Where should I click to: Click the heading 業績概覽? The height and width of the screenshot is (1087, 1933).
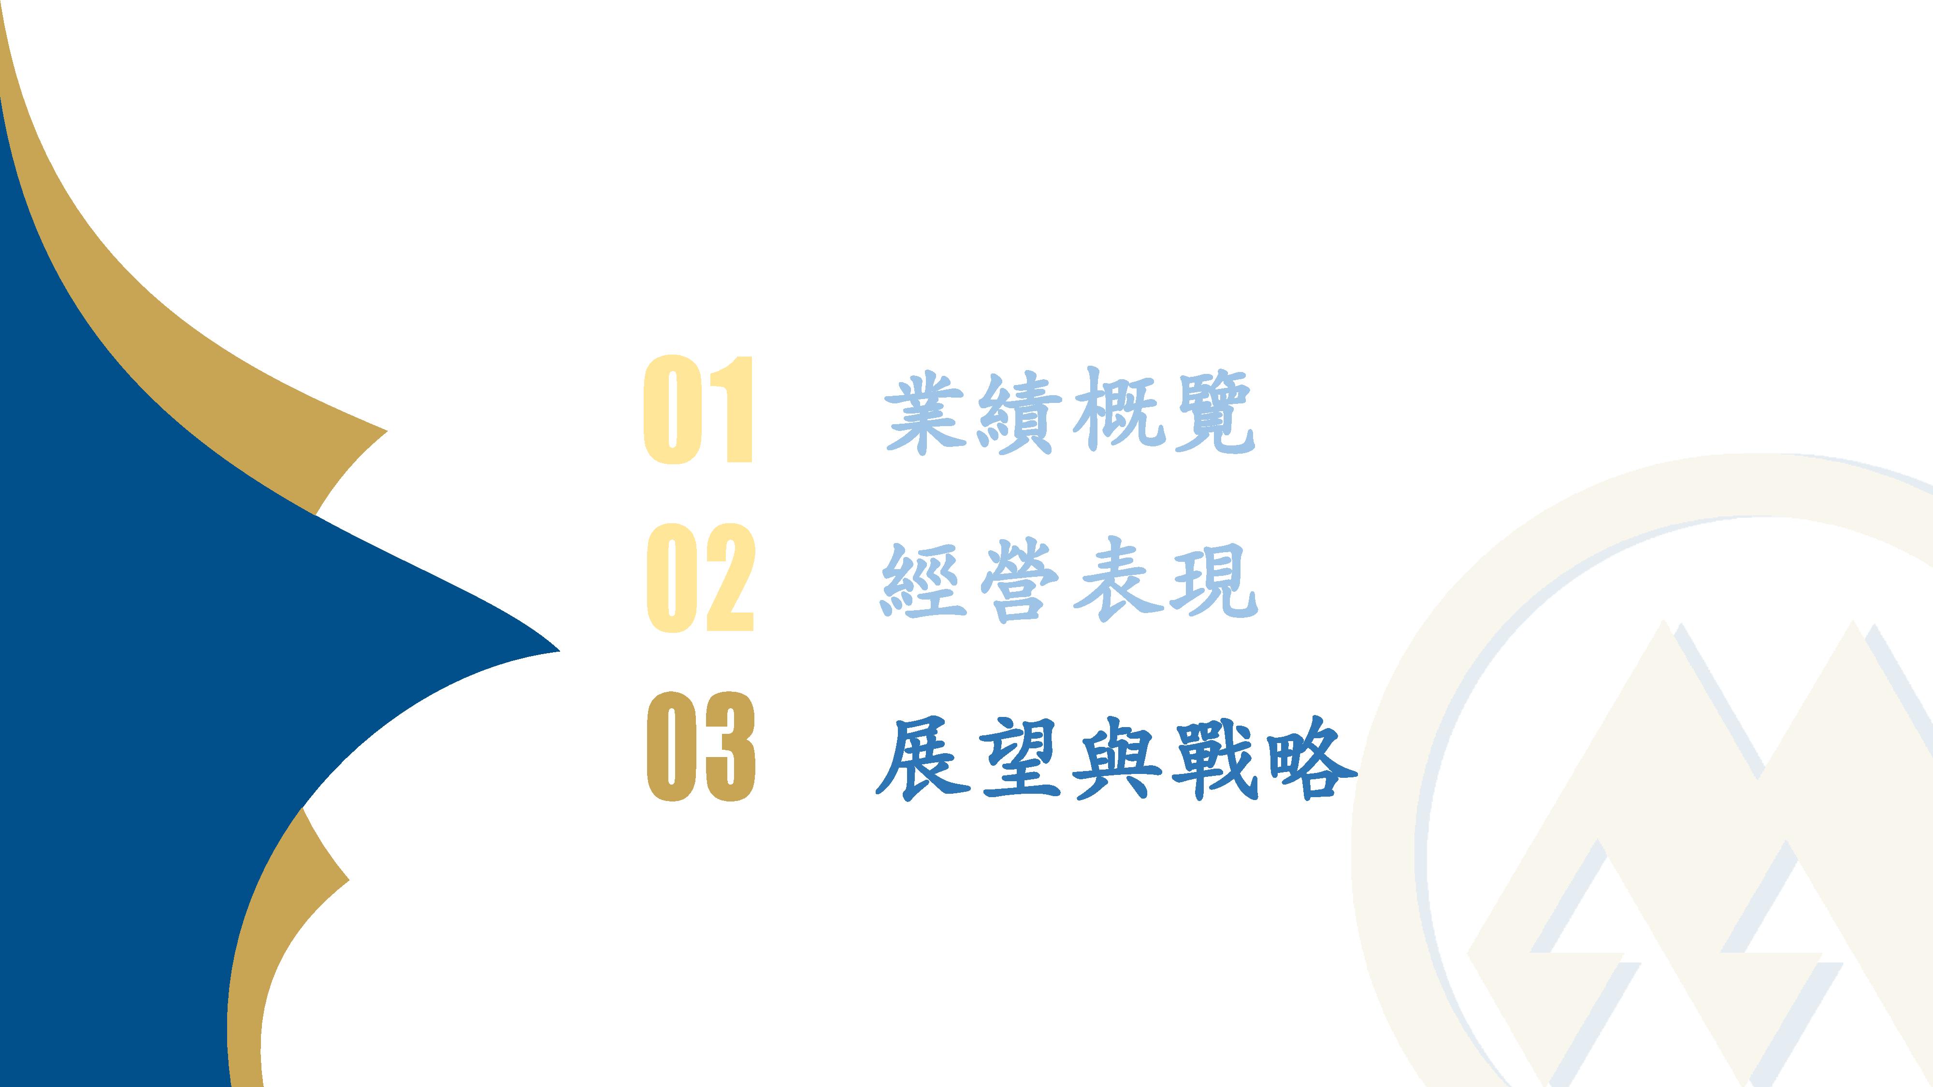coord(1070,412)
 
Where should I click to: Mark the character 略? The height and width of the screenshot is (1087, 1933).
coord(1312,758)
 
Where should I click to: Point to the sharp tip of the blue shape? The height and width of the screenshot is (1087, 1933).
coord(560,651)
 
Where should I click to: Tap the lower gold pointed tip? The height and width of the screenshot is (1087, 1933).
coord(349,879)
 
